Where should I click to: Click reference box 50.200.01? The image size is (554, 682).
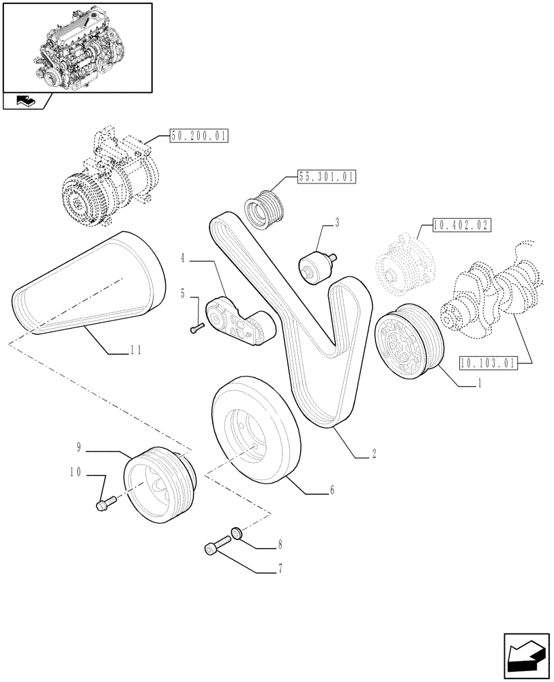click(199, 136)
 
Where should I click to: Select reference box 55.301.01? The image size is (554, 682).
click(327, 178)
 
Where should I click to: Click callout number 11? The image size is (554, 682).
click(135, 350)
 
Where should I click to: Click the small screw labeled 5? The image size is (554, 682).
click(197, 329)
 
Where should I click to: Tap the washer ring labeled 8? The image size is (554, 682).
click(235, 532)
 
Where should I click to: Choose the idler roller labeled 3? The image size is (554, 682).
click(315, 265)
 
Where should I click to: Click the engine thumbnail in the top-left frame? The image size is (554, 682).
click(76, 48)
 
